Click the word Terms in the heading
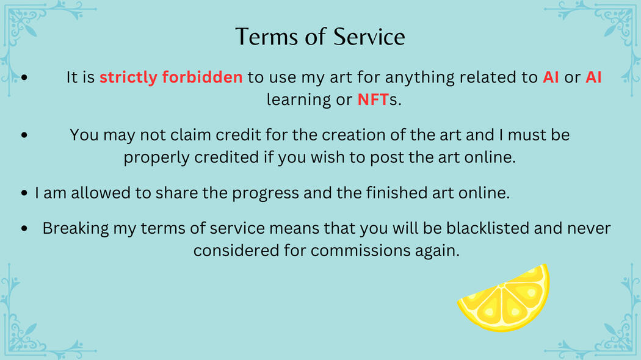point(267,37)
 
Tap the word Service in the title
point(369,37)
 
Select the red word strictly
point(128,77)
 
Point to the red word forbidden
point(202,77)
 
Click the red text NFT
point(373,99)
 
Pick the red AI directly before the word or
point(551,77)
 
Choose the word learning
point(299,100)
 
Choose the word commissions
point(360,251)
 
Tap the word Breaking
point(76,229)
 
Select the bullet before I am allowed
point(24,193)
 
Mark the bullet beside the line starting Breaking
point(24,228)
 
